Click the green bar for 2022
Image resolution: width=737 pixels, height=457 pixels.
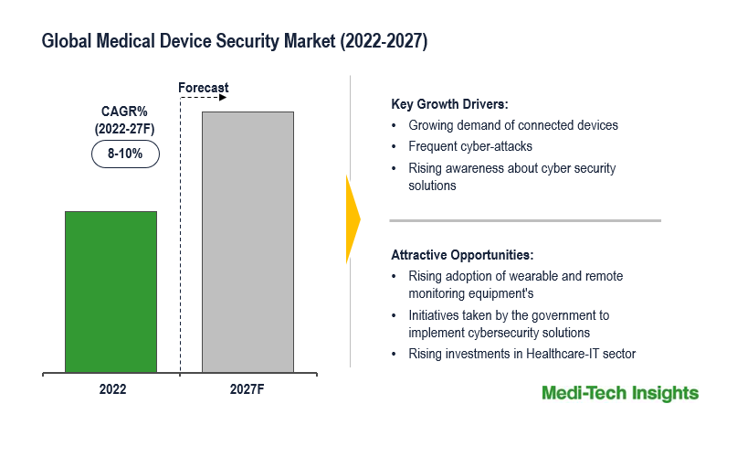(x=111, y=292)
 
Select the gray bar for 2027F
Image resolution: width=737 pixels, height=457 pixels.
(x=247, y=242)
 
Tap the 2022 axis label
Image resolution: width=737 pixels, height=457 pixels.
(x=112, y=388)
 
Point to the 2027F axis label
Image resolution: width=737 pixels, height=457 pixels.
(x=248, y=388)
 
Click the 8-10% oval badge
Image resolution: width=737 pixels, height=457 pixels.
(x=125, y=154)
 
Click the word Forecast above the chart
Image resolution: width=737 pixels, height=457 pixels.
(x=203, y=88)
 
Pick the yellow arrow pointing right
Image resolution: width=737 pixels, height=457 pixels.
(x=353, y=219)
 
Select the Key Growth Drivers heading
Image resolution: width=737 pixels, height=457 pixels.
(x=449, y=103)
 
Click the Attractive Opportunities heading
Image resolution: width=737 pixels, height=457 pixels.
(x=462, y=254)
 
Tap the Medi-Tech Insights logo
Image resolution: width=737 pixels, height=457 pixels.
(x=619, y=393)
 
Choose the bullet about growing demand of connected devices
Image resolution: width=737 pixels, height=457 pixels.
(x=513, y=125)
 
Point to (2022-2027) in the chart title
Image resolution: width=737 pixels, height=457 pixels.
(x=387, y=42)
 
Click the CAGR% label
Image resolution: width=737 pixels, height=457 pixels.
(x=125, y=112)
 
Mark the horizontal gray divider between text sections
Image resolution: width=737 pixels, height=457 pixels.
(x=524, y=220)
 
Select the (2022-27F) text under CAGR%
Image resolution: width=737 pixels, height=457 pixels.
(x=125, y=129)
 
